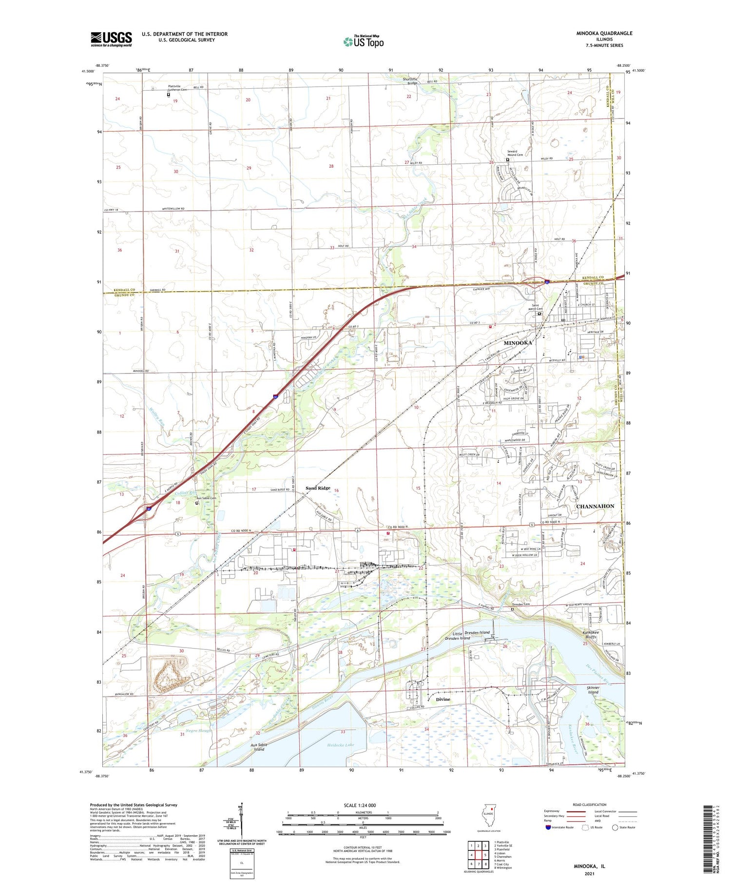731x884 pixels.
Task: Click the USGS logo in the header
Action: point(111,39)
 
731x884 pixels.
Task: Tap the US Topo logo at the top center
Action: point(363,41)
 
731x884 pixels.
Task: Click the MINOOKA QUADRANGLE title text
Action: point(604,33)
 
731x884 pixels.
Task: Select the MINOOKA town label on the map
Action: point(518,343)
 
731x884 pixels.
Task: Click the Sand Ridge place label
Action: point(318,488)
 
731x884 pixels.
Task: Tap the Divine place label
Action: point(443,699)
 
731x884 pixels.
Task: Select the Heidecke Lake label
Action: point(341,745)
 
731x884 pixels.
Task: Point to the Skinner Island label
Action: point(593,689)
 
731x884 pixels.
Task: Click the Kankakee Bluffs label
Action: point(594,635)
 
